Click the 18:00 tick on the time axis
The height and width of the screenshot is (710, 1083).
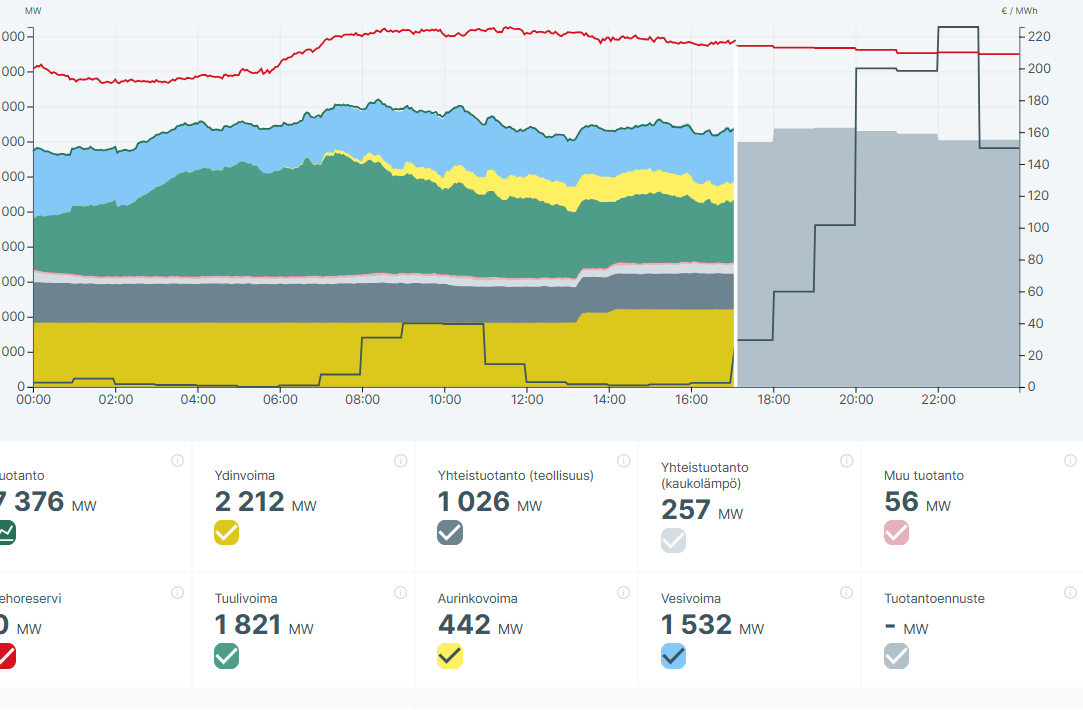point(774,400)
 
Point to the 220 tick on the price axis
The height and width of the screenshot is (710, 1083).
point(1038,37)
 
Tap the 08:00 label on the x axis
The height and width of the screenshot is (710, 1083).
point(362,400)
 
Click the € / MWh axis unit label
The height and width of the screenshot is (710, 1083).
point(1019,11)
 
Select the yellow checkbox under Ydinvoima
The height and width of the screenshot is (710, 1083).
point(227,533)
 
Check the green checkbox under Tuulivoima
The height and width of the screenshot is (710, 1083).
point(227,656)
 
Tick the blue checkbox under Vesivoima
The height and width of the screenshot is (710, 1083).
point(673,656)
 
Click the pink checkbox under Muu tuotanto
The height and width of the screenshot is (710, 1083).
point(897,533)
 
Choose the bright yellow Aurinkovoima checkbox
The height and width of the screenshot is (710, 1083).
point(450,656)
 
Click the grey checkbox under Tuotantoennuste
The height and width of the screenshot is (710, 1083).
point(897,656)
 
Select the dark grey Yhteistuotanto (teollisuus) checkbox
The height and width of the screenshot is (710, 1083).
point(450,533)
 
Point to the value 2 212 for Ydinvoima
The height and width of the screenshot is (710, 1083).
point(249,502)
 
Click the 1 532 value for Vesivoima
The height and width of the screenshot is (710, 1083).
point(696,625)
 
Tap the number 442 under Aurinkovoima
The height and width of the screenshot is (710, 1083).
point(464,625)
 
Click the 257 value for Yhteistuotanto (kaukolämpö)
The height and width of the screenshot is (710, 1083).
point(686,510)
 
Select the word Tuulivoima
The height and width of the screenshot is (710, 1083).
point(246,599)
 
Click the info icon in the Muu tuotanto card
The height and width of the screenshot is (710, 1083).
point(1070,460)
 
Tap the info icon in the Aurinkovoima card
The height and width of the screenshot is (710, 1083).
point(624,592)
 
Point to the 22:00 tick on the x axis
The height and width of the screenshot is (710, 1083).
point(938,400)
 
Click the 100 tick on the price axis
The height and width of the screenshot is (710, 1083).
point(1038,228)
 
